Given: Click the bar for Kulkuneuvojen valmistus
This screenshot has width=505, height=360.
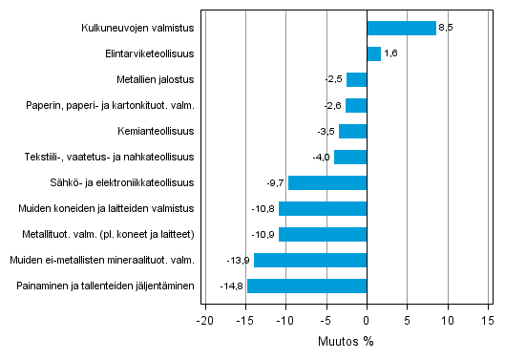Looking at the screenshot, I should pyautogui.click(x=401, y=28).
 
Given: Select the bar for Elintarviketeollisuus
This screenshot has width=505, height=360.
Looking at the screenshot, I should pyautogui.click(x=373, y=53).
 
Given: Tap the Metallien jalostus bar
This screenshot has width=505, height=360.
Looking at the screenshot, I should pyautogui.click(x=356, y=79).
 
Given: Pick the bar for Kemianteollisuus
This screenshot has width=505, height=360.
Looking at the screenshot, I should pyautogui.click(x=352, y=131).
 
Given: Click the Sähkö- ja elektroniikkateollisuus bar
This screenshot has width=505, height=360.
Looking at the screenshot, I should pyautogui.click(x=326, y=182).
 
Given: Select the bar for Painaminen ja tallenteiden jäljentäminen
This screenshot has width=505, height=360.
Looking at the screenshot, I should pyautogui.click(x=306, y=286).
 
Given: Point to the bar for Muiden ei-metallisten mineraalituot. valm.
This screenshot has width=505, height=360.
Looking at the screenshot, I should pyautogui.click(x=310, y=260).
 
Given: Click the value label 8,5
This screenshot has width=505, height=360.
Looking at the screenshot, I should pyautogui.click(x=445, y=28).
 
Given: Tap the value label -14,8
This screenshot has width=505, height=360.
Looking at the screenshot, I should pyautogui.click(x=232, y=286).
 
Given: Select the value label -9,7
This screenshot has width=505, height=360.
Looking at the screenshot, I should pyautogui.click(x=276, y=182).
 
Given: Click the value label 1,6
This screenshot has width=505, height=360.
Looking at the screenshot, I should pyautogui.click(x=389, y=53).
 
